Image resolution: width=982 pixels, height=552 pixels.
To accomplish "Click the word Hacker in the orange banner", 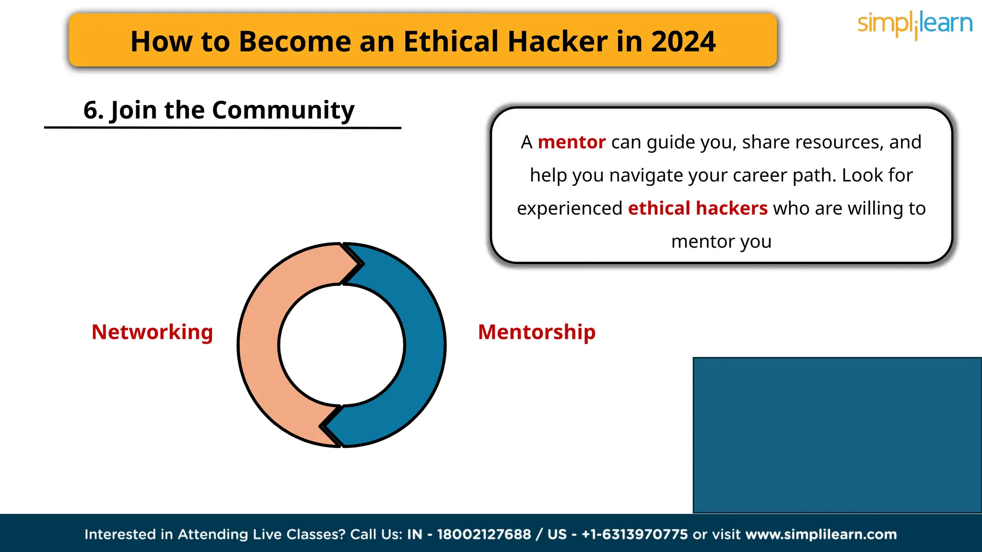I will click(x=558, y=41).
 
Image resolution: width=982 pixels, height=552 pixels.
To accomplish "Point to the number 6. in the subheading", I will click(x=94, y=110).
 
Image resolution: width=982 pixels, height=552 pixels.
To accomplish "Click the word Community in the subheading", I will click(x=283, y=110).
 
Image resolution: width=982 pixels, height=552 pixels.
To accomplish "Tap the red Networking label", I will click(x=152, y=332).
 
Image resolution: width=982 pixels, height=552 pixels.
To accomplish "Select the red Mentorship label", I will click(x=537, y=332).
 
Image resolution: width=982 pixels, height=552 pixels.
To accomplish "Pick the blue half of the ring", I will click(x=424, y=345).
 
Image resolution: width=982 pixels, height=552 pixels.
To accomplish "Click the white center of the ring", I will click(x=342, y=345).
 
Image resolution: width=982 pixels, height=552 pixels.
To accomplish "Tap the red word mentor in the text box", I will click(x=572, y=142).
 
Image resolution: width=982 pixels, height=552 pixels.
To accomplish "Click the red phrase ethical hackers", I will click(x=698, y=208).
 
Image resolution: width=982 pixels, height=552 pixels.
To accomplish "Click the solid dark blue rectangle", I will click(x=837, y=435).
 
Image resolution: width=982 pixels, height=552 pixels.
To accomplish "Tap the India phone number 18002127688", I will click(x=484, y=534).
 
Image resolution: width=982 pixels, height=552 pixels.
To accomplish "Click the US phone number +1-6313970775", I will click(x=634, y=534).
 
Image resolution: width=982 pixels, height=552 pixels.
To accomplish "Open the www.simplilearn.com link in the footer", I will click(x=821, y=534).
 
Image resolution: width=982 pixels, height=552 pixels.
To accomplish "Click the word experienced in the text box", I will click(x=569, y=208).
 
